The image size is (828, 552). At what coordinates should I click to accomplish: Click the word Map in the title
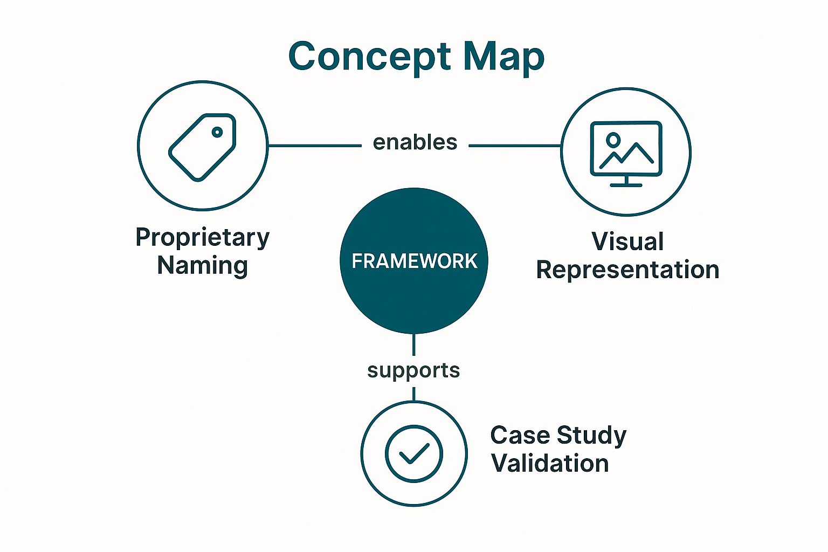pos(503,57)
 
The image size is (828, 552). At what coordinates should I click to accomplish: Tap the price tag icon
pos(202,147)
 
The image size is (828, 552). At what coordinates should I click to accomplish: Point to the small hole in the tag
pos(217,132)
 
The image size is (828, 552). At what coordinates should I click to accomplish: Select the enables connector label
pos(415,142)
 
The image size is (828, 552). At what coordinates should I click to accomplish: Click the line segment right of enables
pos(515,146)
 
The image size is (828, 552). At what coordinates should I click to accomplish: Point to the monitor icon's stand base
pos(626,185)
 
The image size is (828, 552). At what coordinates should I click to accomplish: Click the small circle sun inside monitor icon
pos(613,140)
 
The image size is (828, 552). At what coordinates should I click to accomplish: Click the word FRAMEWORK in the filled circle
pos(414,261)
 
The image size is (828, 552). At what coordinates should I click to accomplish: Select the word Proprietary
pos(202,237)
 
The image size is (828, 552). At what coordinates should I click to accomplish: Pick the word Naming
pos(202,265)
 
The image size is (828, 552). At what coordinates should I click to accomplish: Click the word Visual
pos(627,241)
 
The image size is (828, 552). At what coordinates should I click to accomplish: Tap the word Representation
pos(627,270)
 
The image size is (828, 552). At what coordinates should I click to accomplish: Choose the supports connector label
pos(413,370)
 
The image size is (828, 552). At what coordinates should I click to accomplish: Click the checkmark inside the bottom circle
pos(413,453)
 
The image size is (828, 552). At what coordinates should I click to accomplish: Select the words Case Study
pos(558,436)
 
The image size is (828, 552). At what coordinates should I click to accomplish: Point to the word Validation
pos(550,464)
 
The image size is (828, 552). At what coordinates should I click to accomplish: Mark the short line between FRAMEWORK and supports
pos(413,344)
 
